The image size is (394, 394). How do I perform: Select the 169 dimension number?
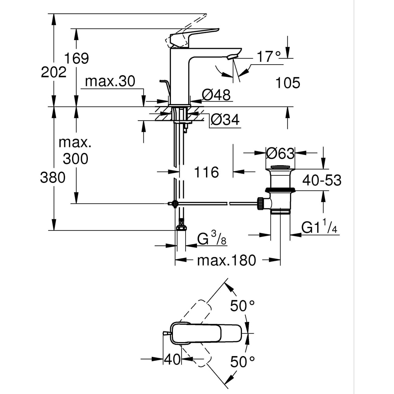tap(77, 58)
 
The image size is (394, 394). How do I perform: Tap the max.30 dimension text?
tap(110, 82)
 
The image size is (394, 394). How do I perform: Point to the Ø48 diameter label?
tap(215, 95)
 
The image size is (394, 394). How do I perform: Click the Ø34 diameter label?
tap(225, 120)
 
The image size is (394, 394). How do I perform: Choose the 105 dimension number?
tap(288, 83)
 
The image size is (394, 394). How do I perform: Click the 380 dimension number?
tap(52, 178)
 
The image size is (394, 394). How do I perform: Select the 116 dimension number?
tap(206, 172)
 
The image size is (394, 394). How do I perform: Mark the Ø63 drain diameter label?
tap(280, 152)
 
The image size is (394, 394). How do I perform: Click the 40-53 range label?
tap(322, 180)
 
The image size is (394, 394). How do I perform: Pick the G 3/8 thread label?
tap(211, 239)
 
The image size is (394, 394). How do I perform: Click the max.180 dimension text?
tap(227, 260)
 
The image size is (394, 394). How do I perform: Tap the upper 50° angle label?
tap(243, 305)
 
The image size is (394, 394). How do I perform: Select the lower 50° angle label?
tap(243, 361)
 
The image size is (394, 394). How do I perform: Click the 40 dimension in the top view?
tap(172, 359)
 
